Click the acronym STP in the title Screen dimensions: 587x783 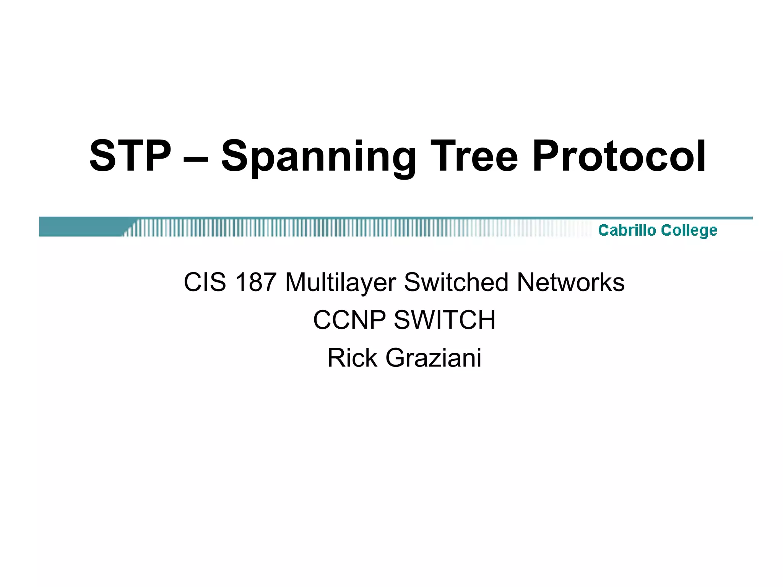130,156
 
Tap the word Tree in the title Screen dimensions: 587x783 474,156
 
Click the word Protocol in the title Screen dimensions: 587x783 619,156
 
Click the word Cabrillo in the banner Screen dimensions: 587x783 627,230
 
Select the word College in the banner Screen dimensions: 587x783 689,230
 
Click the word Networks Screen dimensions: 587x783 570,282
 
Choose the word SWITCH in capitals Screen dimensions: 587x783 445,320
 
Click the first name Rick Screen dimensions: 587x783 353,358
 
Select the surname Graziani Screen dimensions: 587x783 433,358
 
